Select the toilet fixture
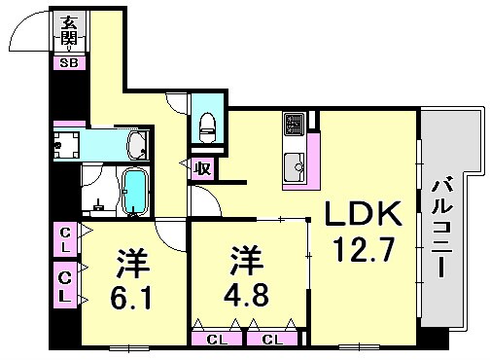(206, 125)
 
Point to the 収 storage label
(203, 167)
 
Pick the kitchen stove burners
(294, 126)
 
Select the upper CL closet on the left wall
(64, 239)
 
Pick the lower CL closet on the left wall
(64, 286)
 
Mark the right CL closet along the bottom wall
(272, 339)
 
